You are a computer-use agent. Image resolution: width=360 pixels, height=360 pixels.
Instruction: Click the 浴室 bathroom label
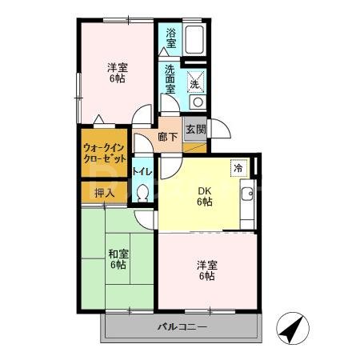[170, 36]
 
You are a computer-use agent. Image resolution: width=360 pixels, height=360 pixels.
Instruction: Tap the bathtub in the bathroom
[195, 41]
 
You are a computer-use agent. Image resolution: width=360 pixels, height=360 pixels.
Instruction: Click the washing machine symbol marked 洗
[196, 82]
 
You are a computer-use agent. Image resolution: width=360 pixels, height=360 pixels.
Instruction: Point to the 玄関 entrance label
[194, 130]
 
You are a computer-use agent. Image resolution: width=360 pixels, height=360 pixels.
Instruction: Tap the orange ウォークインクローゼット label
[105, 152]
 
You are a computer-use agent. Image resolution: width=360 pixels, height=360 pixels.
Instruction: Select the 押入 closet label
[104, 193]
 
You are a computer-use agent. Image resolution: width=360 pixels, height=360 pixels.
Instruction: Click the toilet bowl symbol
[143, 193]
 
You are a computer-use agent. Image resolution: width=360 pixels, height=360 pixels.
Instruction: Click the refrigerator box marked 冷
[238, 168]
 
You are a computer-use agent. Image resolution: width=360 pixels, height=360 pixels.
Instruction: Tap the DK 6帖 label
[205, 196]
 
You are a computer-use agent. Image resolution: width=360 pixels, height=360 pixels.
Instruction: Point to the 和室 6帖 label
[118, 259]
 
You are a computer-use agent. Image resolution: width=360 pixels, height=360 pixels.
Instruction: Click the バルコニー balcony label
[182, 328]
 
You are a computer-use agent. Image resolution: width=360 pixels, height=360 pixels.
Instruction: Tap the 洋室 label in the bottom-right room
[207, 270]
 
